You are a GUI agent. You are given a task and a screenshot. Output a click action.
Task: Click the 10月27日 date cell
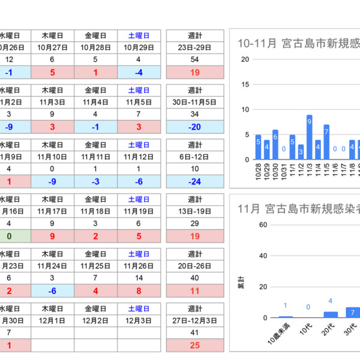(53, 47)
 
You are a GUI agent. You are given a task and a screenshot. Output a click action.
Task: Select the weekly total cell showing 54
(194, 59)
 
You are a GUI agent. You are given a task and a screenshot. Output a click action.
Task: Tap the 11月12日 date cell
(139, 157)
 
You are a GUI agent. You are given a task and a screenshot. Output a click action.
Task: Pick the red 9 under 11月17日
(53, 236)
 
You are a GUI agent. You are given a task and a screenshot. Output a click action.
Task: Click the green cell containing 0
(8, 236)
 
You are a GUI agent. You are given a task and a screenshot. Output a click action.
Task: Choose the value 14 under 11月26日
(139, 278)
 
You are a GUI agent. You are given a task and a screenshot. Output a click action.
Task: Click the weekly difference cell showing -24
(194, 181)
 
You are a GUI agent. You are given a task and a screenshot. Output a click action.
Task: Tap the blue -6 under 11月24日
(53, 291)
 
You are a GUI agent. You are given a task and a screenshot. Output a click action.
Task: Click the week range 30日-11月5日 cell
(194, 103)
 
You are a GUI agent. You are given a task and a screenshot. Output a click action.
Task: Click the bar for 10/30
(275, 145)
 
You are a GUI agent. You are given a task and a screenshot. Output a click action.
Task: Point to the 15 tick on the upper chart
(245, 84)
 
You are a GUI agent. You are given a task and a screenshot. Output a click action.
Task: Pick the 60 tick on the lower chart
(263, 225)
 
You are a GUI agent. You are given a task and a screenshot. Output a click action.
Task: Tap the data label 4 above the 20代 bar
(331, 301)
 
